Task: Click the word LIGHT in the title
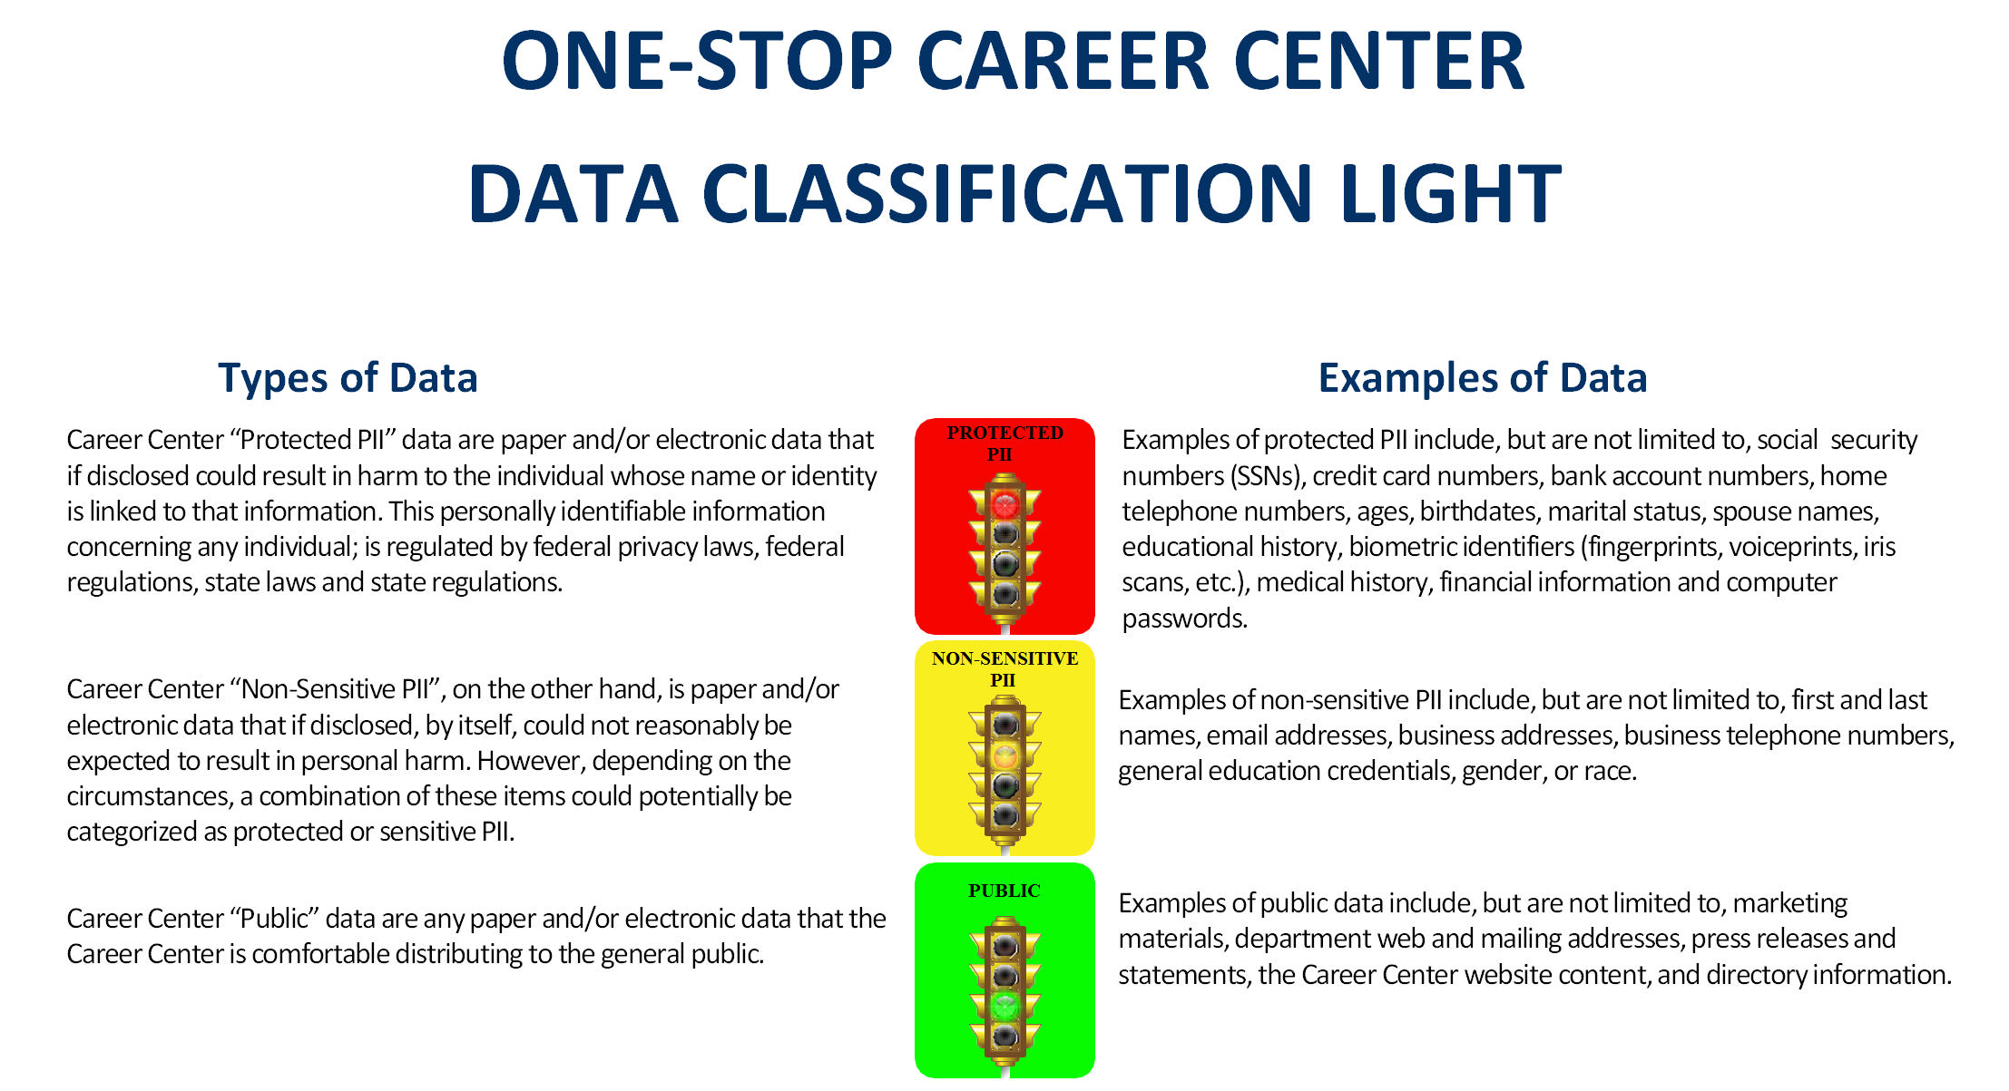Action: coord(1450,193)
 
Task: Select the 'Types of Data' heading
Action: coord(348,377)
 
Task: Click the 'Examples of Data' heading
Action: coord(1483,377)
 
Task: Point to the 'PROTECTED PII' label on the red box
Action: coord(1004,443)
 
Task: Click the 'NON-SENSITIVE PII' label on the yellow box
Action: coord(1004,668)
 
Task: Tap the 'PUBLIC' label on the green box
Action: coord(1004,891)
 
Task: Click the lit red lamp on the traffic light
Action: coord(1004,503)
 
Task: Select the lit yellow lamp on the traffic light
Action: coord(1004,755)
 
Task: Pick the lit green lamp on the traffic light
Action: coord(1004,1006)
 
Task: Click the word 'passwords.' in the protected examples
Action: coord(1185,619)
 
